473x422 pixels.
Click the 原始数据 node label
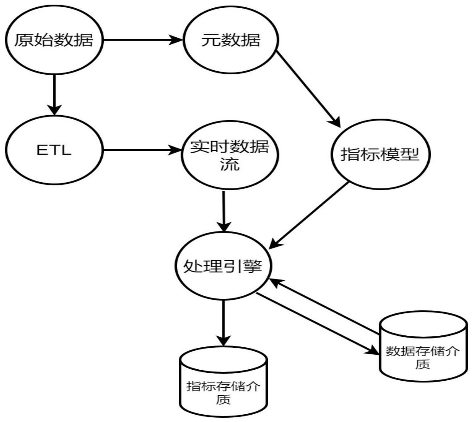[x=54, y=40]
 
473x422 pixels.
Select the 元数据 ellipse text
[x=231, y=40]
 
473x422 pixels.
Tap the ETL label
[x=54, y=150]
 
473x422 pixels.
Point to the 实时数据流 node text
[x=230, y=155]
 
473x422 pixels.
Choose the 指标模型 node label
[x=380, y=154]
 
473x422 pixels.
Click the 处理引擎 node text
[x=223, y=266]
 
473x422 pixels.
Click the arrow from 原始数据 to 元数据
[x=143, y=40]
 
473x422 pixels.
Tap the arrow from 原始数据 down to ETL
[x=54, y=95]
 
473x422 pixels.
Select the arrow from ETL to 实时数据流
[x=142, y=150]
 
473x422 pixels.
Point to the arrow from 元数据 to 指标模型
[x=308, y=89]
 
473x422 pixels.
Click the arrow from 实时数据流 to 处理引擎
[x=224, y=211]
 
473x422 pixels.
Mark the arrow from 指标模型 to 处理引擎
[x=309, y=215]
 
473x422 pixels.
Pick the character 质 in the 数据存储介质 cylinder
[x=423, y=364]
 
